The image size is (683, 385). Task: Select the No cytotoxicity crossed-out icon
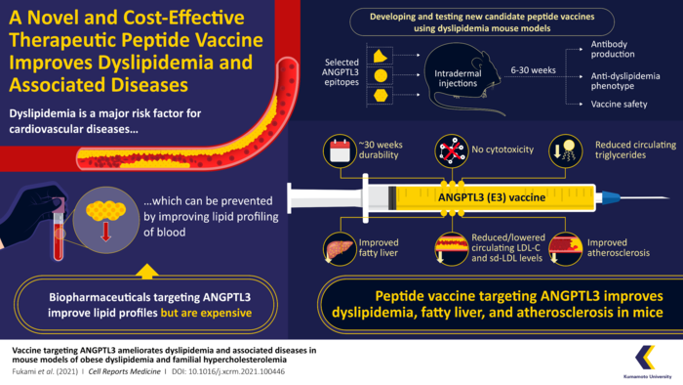point(448,149)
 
